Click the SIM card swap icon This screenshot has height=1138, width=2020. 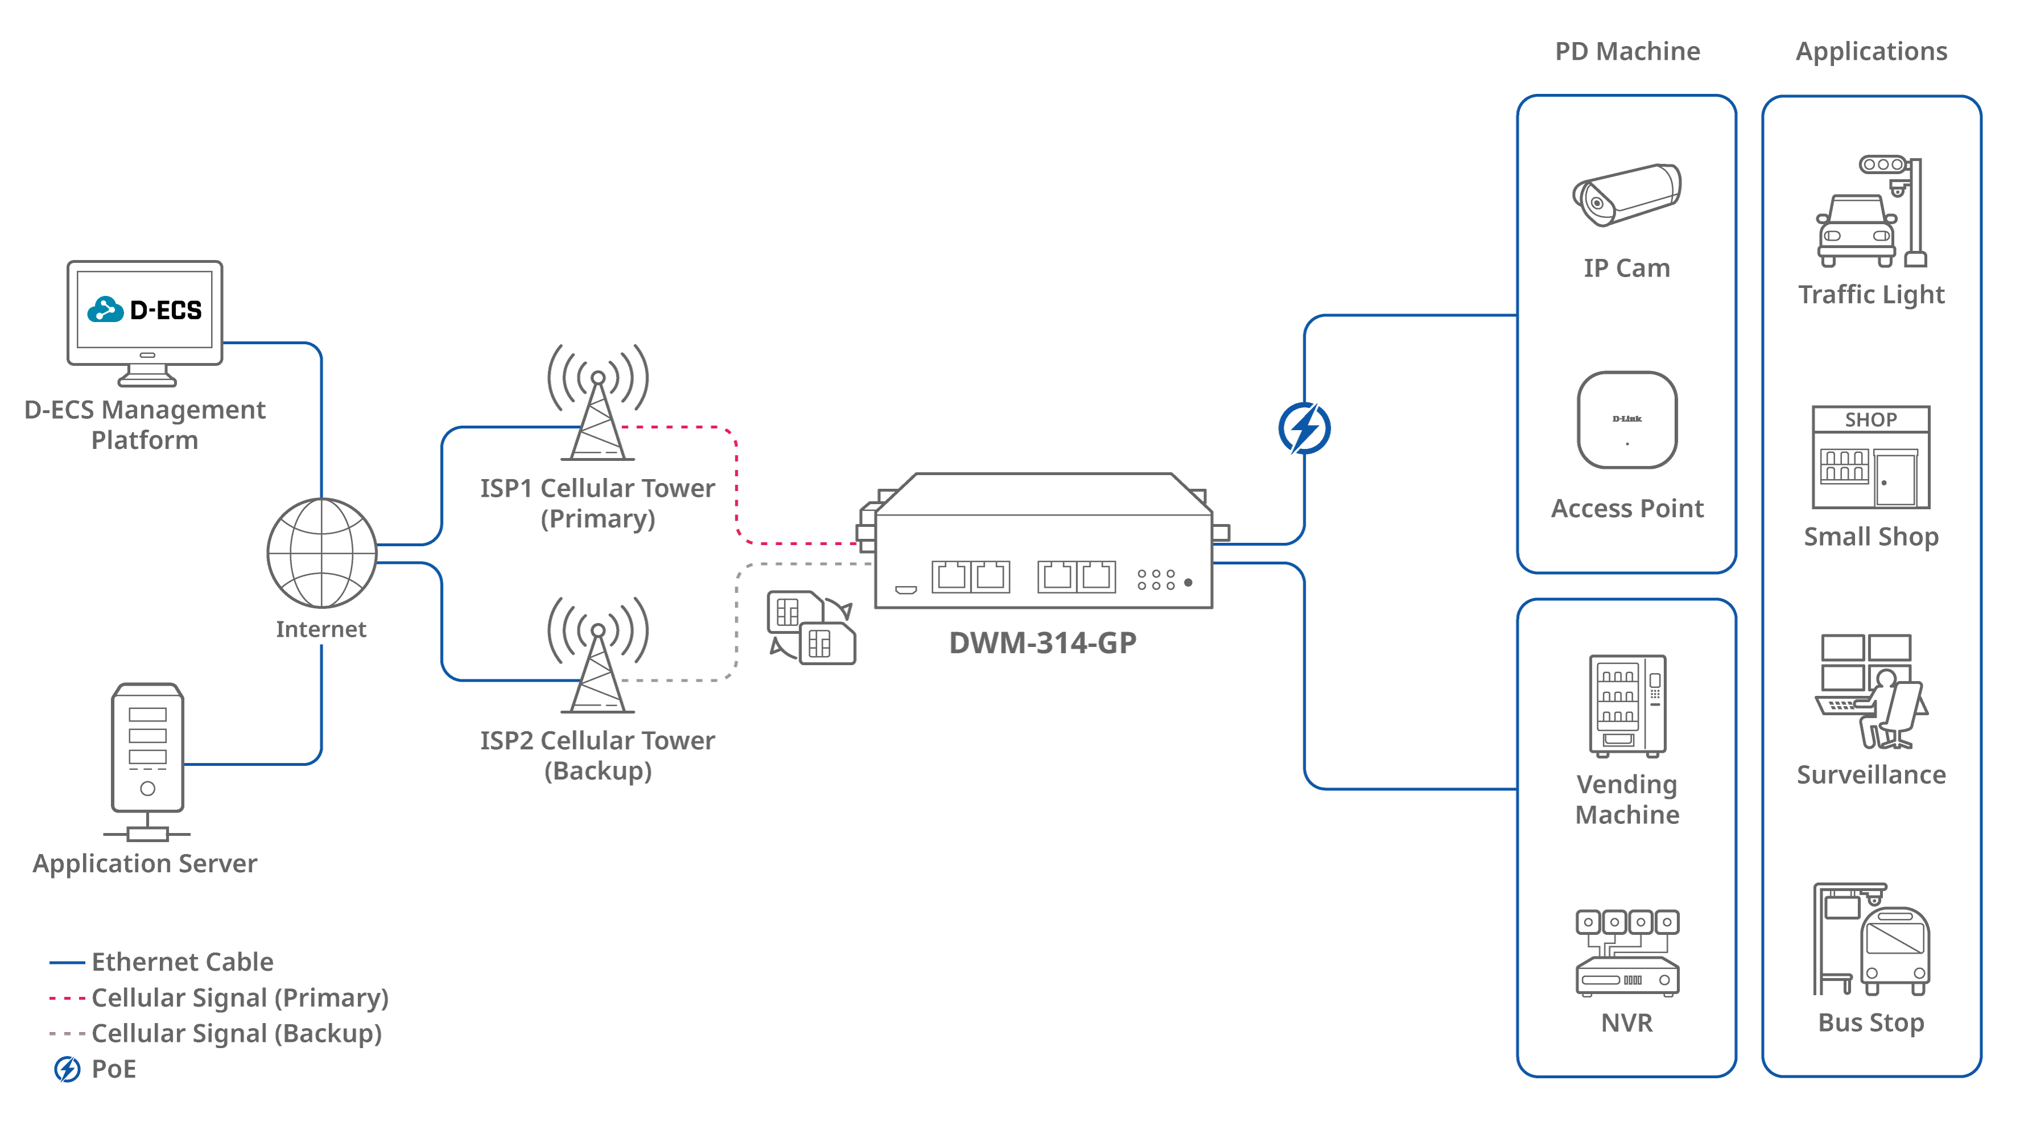[812, 628]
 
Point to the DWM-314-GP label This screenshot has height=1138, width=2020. [1042, 643]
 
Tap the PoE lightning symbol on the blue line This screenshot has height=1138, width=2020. [1304, 428]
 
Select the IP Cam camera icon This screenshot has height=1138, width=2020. [1627, 195]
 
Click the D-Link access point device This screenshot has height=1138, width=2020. [1627, 419]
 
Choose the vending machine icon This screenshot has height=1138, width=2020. [1627, 706]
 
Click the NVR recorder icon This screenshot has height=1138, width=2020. [1627, 953]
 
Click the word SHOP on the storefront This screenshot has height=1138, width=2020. [1871, 419]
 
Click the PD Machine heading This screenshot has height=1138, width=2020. [1627, 52]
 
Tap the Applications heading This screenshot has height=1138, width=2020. [1871, 52]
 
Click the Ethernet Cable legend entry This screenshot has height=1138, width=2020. [182, 962]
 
